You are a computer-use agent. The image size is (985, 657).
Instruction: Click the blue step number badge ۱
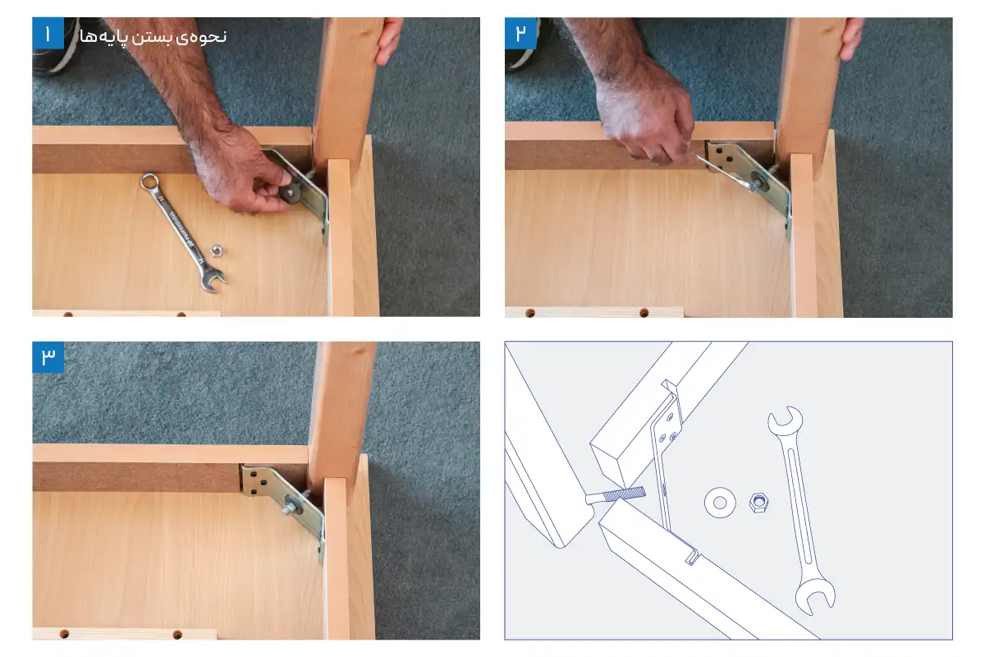[x=48, y=33]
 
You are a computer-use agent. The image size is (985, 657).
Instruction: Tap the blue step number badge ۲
[x=520, y=33]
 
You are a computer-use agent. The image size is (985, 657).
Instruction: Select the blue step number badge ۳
[x=48, y=357]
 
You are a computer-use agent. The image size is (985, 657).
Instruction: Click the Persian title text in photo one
[x=153, y=36]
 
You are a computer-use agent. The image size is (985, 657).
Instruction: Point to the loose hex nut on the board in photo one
[x=217, y=250]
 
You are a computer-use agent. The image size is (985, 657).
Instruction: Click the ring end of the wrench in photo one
[x=149, y=181]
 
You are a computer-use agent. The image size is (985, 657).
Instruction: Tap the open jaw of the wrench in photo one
[x=213, y=280]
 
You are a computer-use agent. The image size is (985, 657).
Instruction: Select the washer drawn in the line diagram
[x=719, y=502]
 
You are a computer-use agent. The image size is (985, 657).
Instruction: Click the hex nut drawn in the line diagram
[x=758, y=502]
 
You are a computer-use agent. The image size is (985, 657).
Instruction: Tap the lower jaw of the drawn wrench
[x=815, y=595]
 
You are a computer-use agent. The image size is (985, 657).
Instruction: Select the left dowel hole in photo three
[x=64, y=634]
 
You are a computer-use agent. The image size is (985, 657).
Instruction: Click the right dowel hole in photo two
[x=644, y=313]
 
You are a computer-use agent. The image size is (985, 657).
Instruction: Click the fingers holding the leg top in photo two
[x=851, y=38]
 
